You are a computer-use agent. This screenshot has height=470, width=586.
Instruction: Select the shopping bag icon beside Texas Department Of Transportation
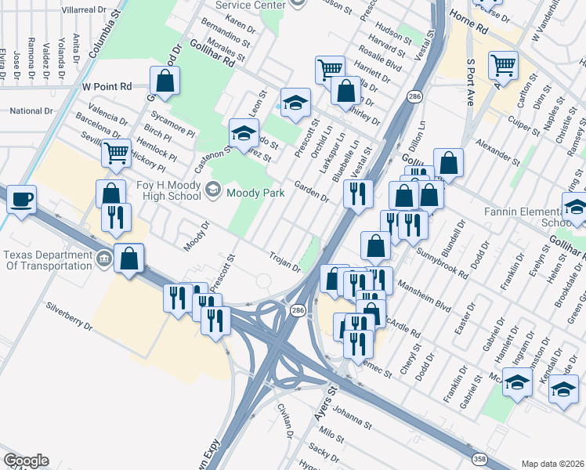click(128, 257)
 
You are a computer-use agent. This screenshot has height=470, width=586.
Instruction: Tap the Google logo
click(25, 461)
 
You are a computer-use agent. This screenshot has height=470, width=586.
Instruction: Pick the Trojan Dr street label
click(285, 262)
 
